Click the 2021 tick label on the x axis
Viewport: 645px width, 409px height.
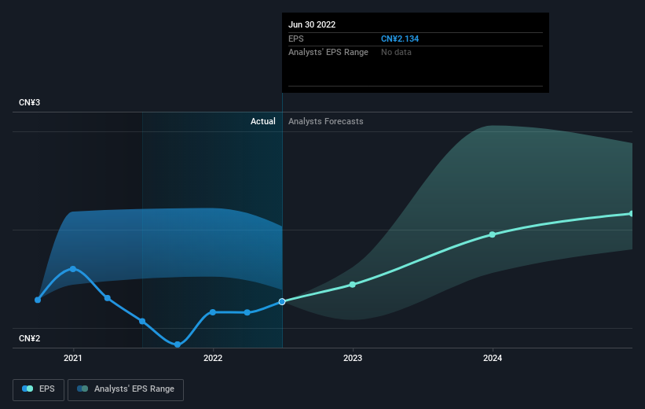pyautogui.click(x=73, y=358)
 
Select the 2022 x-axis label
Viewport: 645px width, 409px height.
pyautogui.click(x=213, y=358)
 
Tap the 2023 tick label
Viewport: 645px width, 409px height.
pyautogui.click(x=353, y=358)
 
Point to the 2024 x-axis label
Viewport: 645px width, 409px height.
pyautogui.click(x=493, y=358)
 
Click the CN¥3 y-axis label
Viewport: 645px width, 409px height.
pyautogui.click(x=29, y=102)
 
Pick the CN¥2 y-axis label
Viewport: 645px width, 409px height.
pyautogui.click(x=29, y=338)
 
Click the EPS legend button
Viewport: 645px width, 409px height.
pyautogui.click(x=38, y=389)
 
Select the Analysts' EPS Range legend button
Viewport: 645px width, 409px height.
pyautogui.click(x=126, y=389)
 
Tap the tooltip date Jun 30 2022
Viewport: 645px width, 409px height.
pyautogui.click(x=312, y=24)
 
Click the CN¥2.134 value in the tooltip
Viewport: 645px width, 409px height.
pyautogui.click(x=400, y=39)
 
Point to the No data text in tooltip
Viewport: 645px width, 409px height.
pyautogui.click(x=396, y=53)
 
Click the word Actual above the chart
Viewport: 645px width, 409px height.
pyautogui.click(x=263, y=121)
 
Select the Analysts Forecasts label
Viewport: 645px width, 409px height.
pyautogui.click(x=326, y=121)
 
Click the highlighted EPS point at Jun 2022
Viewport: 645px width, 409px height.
pyautogui.click(x=282, y=302)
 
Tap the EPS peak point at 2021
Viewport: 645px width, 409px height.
pyautogui.click(x=73, y=269)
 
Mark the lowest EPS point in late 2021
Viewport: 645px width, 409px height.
pyautogui.click(x=178, y=345)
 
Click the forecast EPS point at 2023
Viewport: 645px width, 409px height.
pyautogui.click(x=353, y=285)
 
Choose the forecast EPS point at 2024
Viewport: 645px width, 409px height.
pyautogui.click(x=493, y=234)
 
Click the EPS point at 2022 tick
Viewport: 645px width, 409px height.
pyautogui.click(x=213, y=312)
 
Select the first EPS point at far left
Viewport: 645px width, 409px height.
pyautogui.click(x=38, y=300)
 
